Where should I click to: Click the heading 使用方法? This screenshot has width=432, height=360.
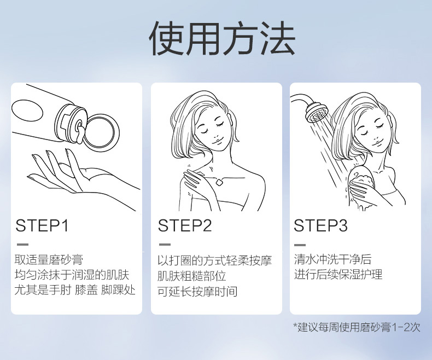point(222,38)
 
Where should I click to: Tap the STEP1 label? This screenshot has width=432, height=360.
point(42,225)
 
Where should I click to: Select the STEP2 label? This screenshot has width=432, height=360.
point(185,225)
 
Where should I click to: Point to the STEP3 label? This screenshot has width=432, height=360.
point(320,225)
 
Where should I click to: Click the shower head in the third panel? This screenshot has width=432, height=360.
point(316,113)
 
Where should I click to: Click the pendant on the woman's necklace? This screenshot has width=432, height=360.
point(219,182)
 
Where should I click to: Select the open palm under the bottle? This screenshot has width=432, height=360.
point(80,176)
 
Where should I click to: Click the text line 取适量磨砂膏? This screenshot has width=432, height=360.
point(49,259)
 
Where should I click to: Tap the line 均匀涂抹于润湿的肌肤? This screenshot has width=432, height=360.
point(72,275)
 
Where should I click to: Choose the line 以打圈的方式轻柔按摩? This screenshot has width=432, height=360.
point(215,260)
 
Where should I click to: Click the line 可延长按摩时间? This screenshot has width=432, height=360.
point(197,292)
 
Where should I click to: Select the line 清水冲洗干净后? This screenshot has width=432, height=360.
point(333,259)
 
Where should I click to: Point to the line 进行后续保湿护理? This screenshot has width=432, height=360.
point(338,275)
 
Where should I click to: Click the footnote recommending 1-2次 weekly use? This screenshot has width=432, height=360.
point(357,327)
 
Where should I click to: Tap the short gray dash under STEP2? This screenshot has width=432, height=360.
point(165,245)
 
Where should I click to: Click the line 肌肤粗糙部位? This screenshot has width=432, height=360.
point(192,276)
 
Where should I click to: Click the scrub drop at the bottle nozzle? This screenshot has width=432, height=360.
point(79,133)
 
